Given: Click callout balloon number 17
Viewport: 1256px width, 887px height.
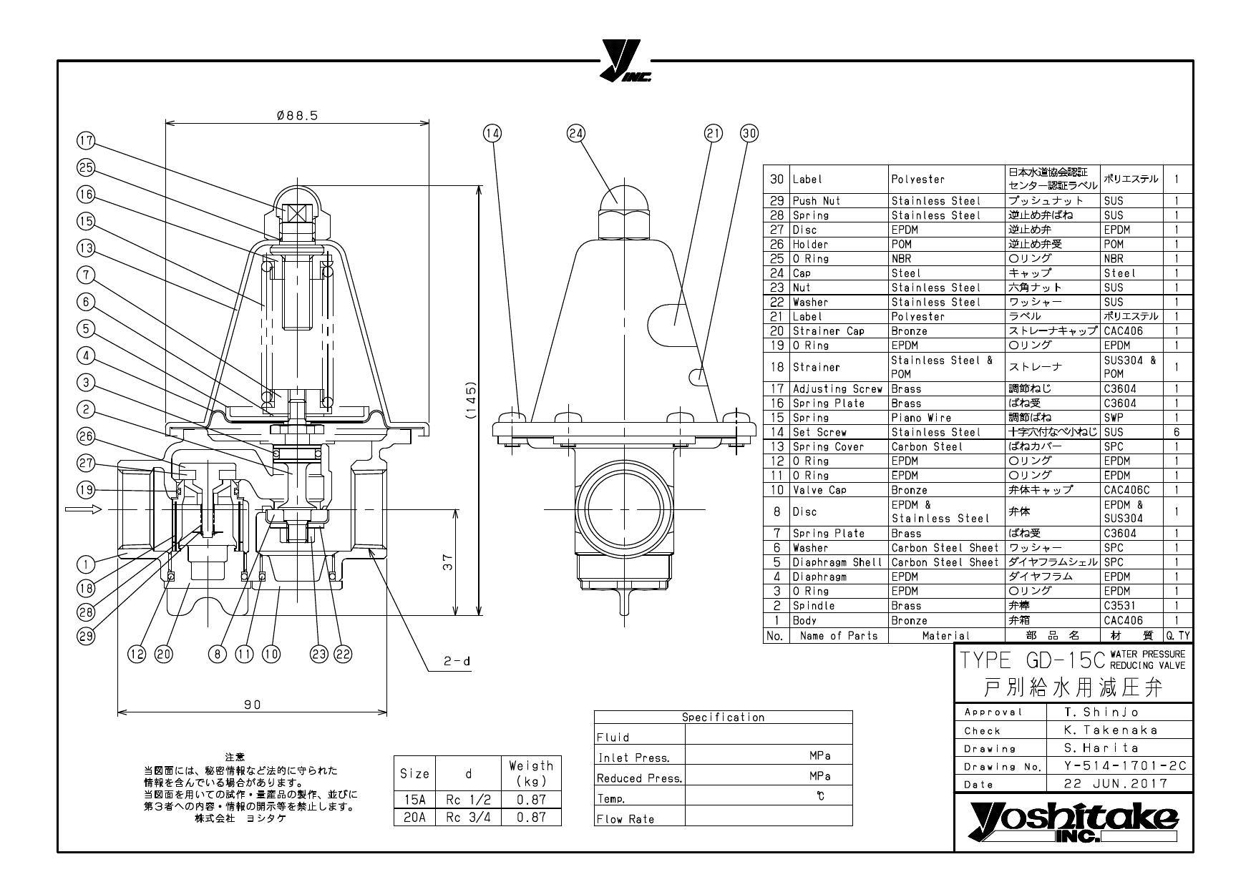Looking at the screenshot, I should (x=87, y=141).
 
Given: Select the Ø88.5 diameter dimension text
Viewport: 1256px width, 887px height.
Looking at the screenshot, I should (x=297, y=116).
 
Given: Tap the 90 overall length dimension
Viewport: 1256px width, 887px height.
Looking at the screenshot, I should (x=252, y=705).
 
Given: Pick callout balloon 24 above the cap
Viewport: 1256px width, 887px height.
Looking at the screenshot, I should (x=577, y=133).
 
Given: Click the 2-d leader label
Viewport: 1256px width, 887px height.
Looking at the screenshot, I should (x=457, y=662).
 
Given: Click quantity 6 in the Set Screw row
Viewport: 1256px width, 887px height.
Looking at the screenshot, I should (x=1176, y=432).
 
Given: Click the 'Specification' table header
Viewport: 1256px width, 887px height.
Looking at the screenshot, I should (x=723, y=717).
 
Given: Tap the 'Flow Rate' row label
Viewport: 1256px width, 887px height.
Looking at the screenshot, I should (x=625, y=819).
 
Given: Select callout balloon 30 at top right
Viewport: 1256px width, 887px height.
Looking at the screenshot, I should (x=749, y=133).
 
